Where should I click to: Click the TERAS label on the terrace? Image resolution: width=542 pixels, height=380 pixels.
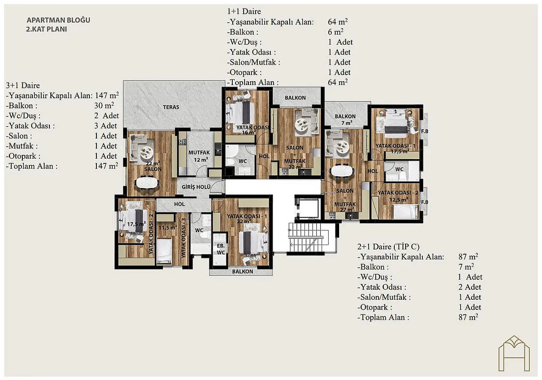point(171,107)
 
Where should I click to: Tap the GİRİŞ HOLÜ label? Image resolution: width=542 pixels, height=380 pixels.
point(196,187)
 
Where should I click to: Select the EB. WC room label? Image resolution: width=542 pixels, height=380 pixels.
point(221,249)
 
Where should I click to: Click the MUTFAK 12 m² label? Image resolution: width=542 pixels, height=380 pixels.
point(199,156)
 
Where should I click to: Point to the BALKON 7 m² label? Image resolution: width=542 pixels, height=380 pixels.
point(345,120)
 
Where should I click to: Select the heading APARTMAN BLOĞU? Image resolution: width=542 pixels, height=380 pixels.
point(58,20)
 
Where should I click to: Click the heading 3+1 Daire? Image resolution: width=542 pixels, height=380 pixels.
point(23,85)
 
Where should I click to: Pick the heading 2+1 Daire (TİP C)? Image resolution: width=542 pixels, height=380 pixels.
point(388,247)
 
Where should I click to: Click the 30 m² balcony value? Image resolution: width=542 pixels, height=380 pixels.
point(104,105)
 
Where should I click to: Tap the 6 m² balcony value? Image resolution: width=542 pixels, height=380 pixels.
point(335,32)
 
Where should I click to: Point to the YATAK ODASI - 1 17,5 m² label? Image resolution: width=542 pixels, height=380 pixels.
point(396,148)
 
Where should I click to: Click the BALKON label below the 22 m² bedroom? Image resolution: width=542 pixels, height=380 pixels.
point(242,272)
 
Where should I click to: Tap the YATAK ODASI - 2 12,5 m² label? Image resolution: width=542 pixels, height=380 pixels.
point(398,196)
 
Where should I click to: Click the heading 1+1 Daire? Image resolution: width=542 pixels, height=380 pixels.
point(244,11)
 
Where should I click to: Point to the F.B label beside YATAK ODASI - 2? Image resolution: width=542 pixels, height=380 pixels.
point(425,202)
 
